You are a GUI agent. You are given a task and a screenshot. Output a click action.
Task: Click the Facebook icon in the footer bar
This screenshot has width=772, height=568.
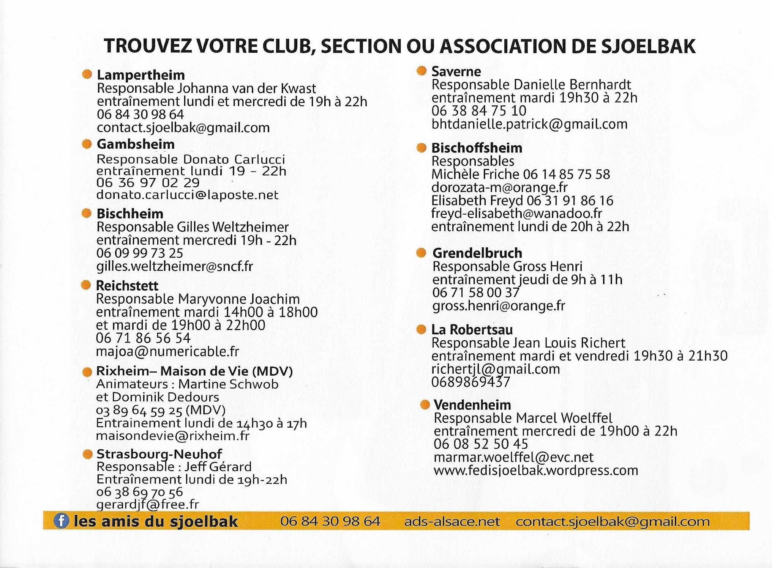click(x=61, y=521)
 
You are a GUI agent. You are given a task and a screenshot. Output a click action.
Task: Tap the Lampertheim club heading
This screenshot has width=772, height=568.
click(x=141, y=75)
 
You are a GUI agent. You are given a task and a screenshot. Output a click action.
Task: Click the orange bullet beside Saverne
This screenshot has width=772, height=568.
click(x=421, y=71)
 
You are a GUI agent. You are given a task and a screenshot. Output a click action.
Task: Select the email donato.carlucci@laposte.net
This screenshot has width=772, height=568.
click(x=187, y=195)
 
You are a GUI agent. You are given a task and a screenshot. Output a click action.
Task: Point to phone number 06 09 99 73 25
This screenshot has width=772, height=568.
click(x=139, y=253)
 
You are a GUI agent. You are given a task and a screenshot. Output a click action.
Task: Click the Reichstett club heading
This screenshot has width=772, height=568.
click(x=127, y=285)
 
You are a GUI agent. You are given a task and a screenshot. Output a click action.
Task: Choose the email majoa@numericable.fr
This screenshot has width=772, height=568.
click(x=167, y=351)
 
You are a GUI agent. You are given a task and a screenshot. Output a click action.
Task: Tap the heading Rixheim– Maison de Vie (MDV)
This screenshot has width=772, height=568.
click(x=194, y=371)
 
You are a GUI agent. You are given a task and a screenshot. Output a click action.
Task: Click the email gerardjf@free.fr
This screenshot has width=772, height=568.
click(x=147, y=504)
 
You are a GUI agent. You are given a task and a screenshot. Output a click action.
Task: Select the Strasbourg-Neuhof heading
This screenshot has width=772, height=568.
click(x=159, y=453)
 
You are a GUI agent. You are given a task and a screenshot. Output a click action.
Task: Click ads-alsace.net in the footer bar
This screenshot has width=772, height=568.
click(x=452, y=521)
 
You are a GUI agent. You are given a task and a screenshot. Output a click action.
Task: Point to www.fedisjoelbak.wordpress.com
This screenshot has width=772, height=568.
click(x=535, y=470)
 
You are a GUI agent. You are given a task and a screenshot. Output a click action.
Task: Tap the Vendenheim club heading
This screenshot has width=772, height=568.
click(x=472, y=405)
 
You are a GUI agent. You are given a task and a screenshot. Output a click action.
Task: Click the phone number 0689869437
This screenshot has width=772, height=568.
click(x=470, y=382)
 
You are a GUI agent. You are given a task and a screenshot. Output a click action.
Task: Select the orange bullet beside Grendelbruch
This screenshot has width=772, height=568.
click(x=421, y=253)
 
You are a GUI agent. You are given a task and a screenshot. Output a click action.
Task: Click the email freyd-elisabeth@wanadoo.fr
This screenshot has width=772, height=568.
click(x=516, y=214)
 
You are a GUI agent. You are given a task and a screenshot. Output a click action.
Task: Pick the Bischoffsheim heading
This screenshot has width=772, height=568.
click(x=477, y=148)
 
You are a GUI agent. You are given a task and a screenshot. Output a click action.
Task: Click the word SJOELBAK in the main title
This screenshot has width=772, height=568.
click(x=648, y=46)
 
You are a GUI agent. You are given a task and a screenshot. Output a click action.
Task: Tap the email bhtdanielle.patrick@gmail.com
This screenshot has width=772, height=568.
click(x=529, y=124)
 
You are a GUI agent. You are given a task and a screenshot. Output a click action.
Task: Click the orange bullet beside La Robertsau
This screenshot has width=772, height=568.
click(x=421, y=329)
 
